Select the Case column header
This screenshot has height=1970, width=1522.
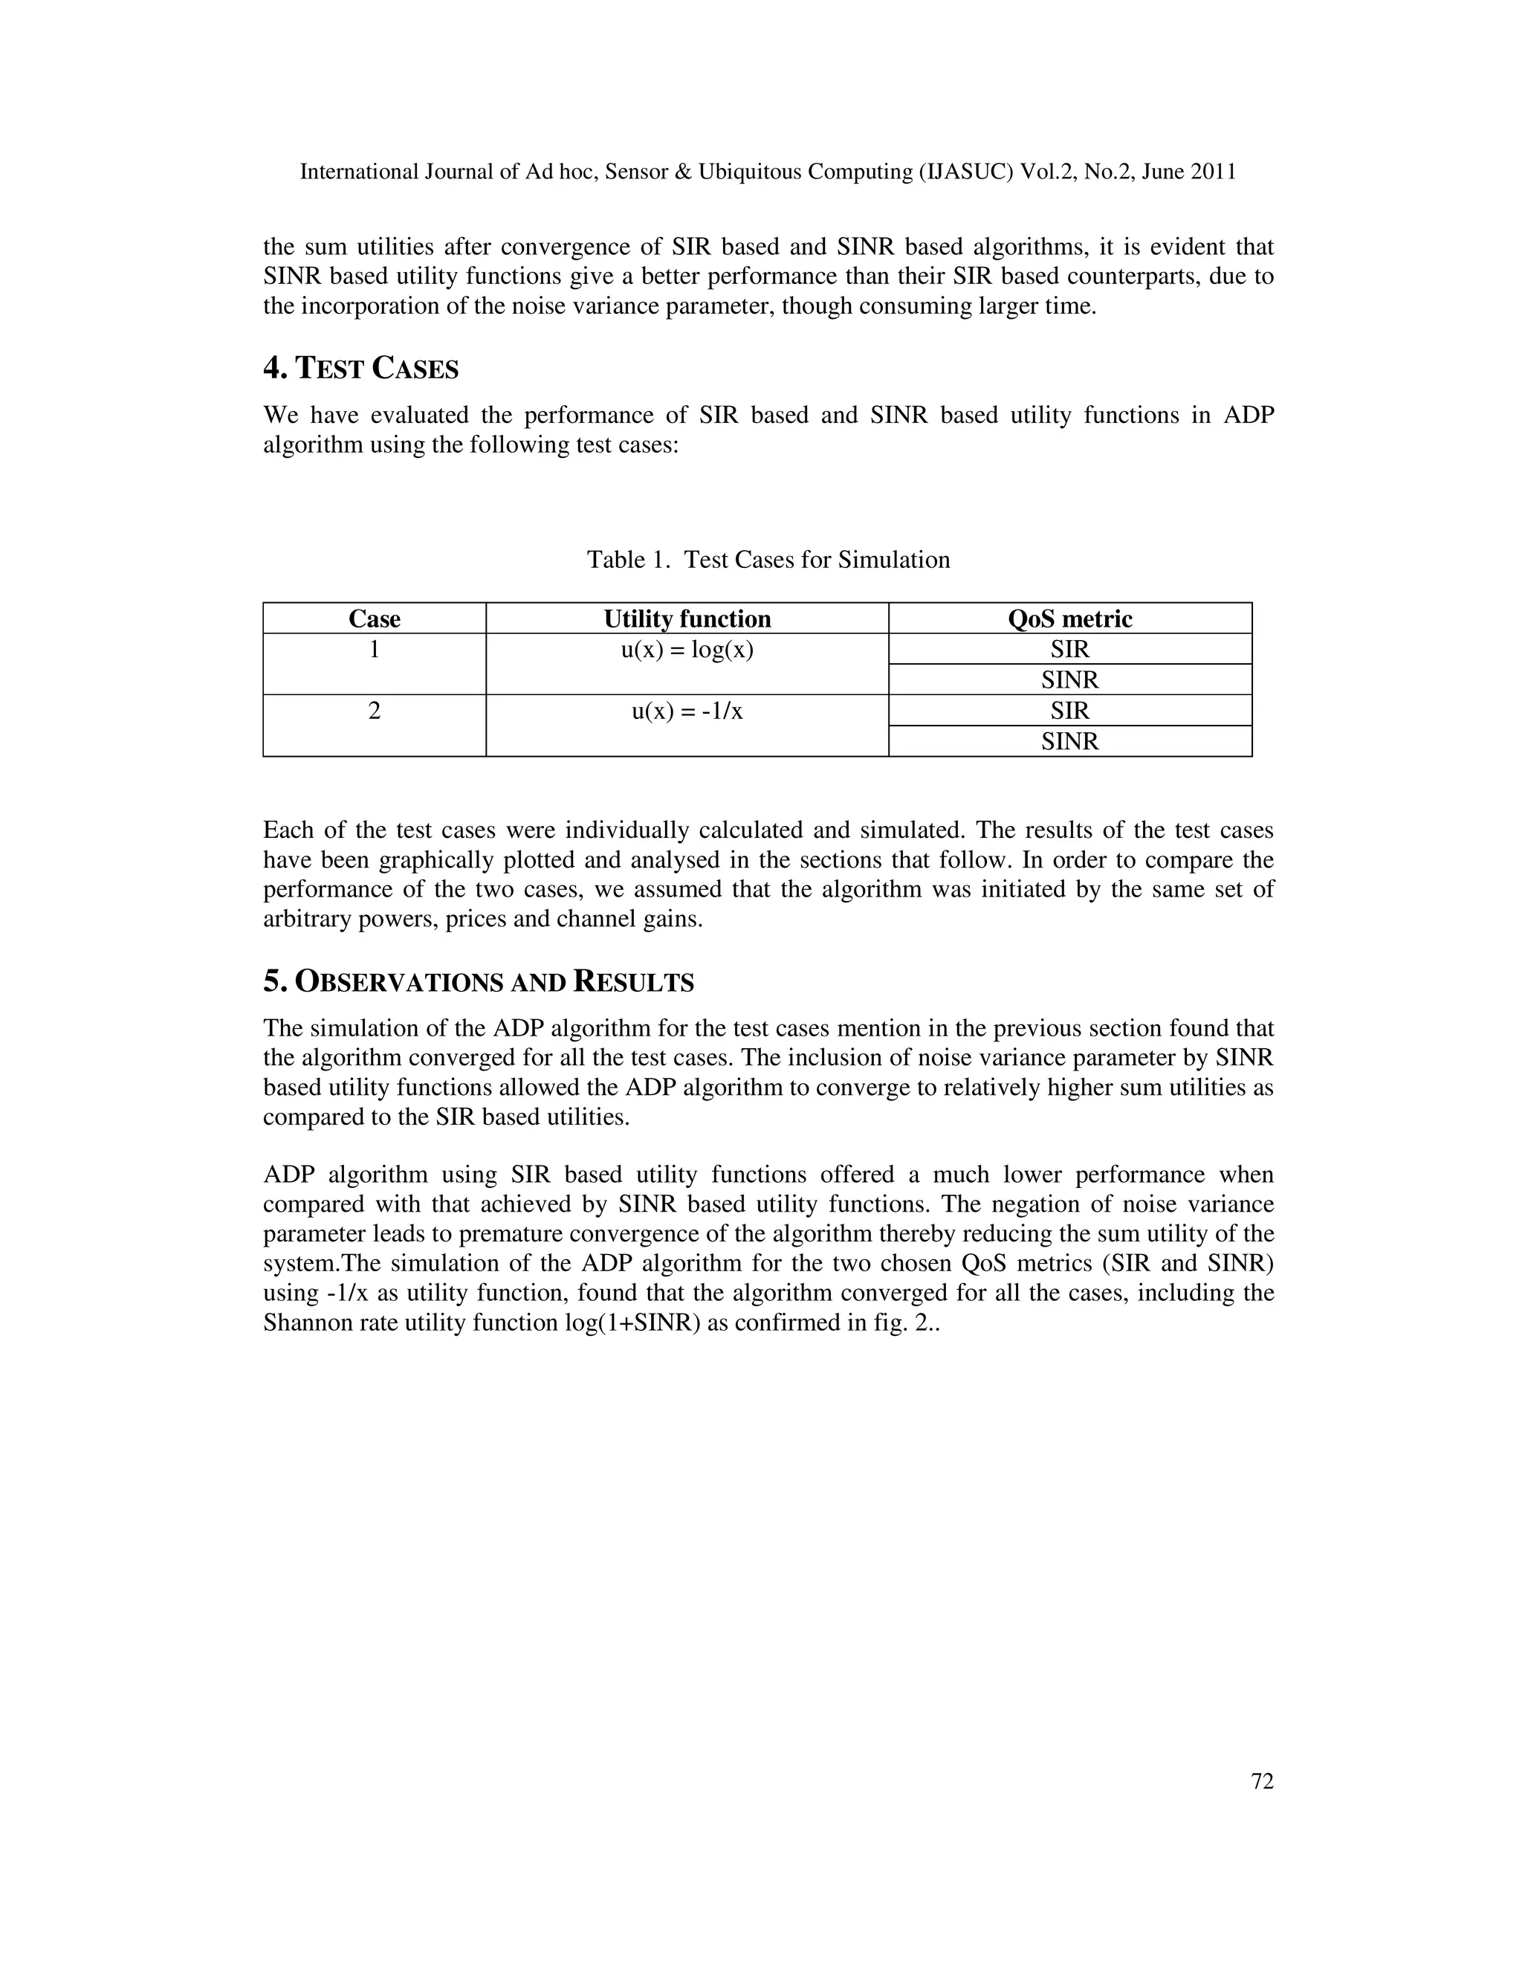[375, 619]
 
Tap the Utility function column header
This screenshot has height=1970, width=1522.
[687, 619]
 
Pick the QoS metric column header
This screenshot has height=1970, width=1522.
[1069, 619]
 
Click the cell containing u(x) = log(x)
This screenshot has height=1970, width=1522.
[687, 650]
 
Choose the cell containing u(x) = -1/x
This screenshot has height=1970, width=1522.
[687, 711]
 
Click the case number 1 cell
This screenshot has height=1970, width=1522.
[375, 650]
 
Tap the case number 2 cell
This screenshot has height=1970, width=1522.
[375, 711]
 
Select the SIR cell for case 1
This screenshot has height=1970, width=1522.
[1069, 650]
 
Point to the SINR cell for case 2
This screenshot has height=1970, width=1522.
[1069, 741]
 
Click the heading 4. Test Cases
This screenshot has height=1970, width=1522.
[360, 368]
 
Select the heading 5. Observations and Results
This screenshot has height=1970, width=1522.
[478, 981]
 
